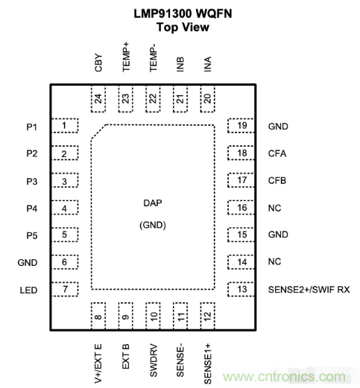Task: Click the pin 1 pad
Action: click(x=65, y=126)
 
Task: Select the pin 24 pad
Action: click(x=98, y=99)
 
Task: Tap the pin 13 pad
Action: click(x=241, y=289)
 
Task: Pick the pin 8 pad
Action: click(x=98, y=316)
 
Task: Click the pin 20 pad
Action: click(x=207, y=99)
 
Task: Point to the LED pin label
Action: click(x=28, y=290)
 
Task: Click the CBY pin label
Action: click(x=98, y=63)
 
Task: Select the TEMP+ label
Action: click(x=126, y=57)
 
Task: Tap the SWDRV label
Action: click(x=154, y=360)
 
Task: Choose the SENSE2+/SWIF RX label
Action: click(x=309, y=290)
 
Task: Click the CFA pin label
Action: click(x=277, y=153)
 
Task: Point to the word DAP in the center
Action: click(x=153, y=203)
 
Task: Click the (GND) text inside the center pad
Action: click(x=153, y=225)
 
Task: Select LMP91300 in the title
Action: click(x=162, y=13)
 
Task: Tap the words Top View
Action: click(x=183, y=27)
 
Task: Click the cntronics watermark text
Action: click(x=284, y=377)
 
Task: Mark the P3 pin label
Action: click(x=32, y=182)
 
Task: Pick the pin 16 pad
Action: click(x=241, y=208)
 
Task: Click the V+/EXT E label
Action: click(x=98, y=363)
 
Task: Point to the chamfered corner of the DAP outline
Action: click(x=98, y=132)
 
